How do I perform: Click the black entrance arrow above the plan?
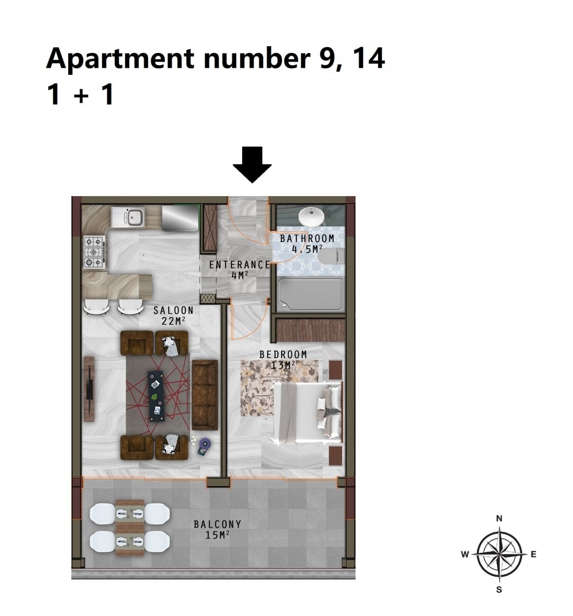(x=252, y=164)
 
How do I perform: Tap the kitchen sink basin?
(x=134, y=216)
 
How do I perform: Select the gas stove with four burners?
(x=94, y=252)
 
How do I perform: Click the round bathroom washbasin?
(x=311, y=217)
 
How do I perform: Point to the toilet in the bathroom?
(x=331, y=257)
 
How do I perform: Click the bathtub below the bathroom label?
(x=310, y=294)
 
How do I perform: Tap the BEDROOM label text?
(x=283, y=354)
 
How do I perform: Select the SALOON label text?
(x=173, y=310)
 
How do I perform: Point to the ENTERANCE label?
(x=240, y=264)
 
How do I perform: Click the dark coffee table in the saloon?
(x=156, y=396)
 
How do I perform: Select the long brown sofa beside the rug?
(x=205, y=395)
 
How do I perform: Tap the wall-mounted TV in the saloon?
(x=89, y=389)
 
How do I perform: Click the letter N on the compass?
(x=499, y=518)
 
